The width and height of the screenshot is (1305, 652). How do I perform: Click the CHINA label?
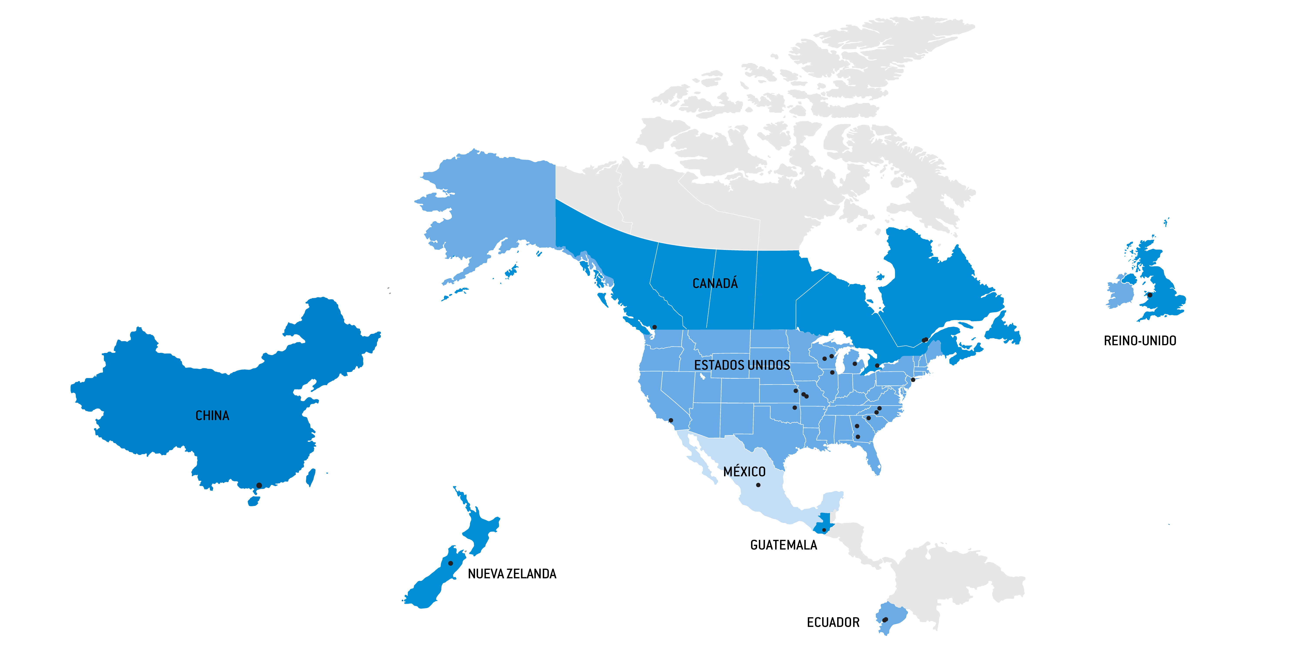pyautogui.click(x=212, y=416)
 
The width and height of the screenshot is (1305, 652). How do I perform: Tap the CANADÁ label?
pyautogui.click(x=715, y=283)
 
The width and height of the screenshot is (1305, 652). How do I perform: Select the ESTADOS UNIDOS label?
pyautogui.click(x=742, y=365)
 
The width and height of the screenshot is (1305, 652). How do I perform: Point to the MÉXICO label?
pyautogui.click(x=744, y=472)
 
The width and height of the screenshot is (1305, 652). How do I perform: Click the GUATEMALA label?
pyautogui.click(x=783, y=545)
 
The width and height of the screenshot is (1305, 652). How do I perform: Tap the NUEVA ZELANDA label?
pyautogui.click(x=512, y=574)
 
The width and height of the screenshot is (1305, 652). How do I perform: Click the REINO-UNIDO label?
pyautogui.click(x=1140, y=341)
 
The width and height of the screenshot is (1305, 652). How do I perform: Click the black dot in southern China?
pyautogui.click(x=259, y=486)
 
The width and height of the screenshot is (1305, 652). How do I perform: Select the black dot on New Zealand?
pyautogui.click(x=450, y=563)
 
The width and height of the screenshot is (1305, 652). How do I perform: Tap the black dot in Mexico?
pyautogui.click(x=758, y=485)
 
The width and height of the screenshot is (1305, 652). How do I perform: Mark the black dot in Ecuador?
pyautogui.click(x=885, y=620)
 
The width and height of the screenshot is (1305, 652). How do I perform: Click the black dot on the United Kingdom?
pyautogui.click(x=1149, y=295)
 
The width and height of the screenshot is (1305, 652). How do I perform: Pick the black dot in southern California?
pyautogui.click(x=671, y=420)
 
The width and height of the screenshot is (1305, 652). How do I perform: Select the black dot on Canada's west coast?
pyautogui.click(x=654, y=327)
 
